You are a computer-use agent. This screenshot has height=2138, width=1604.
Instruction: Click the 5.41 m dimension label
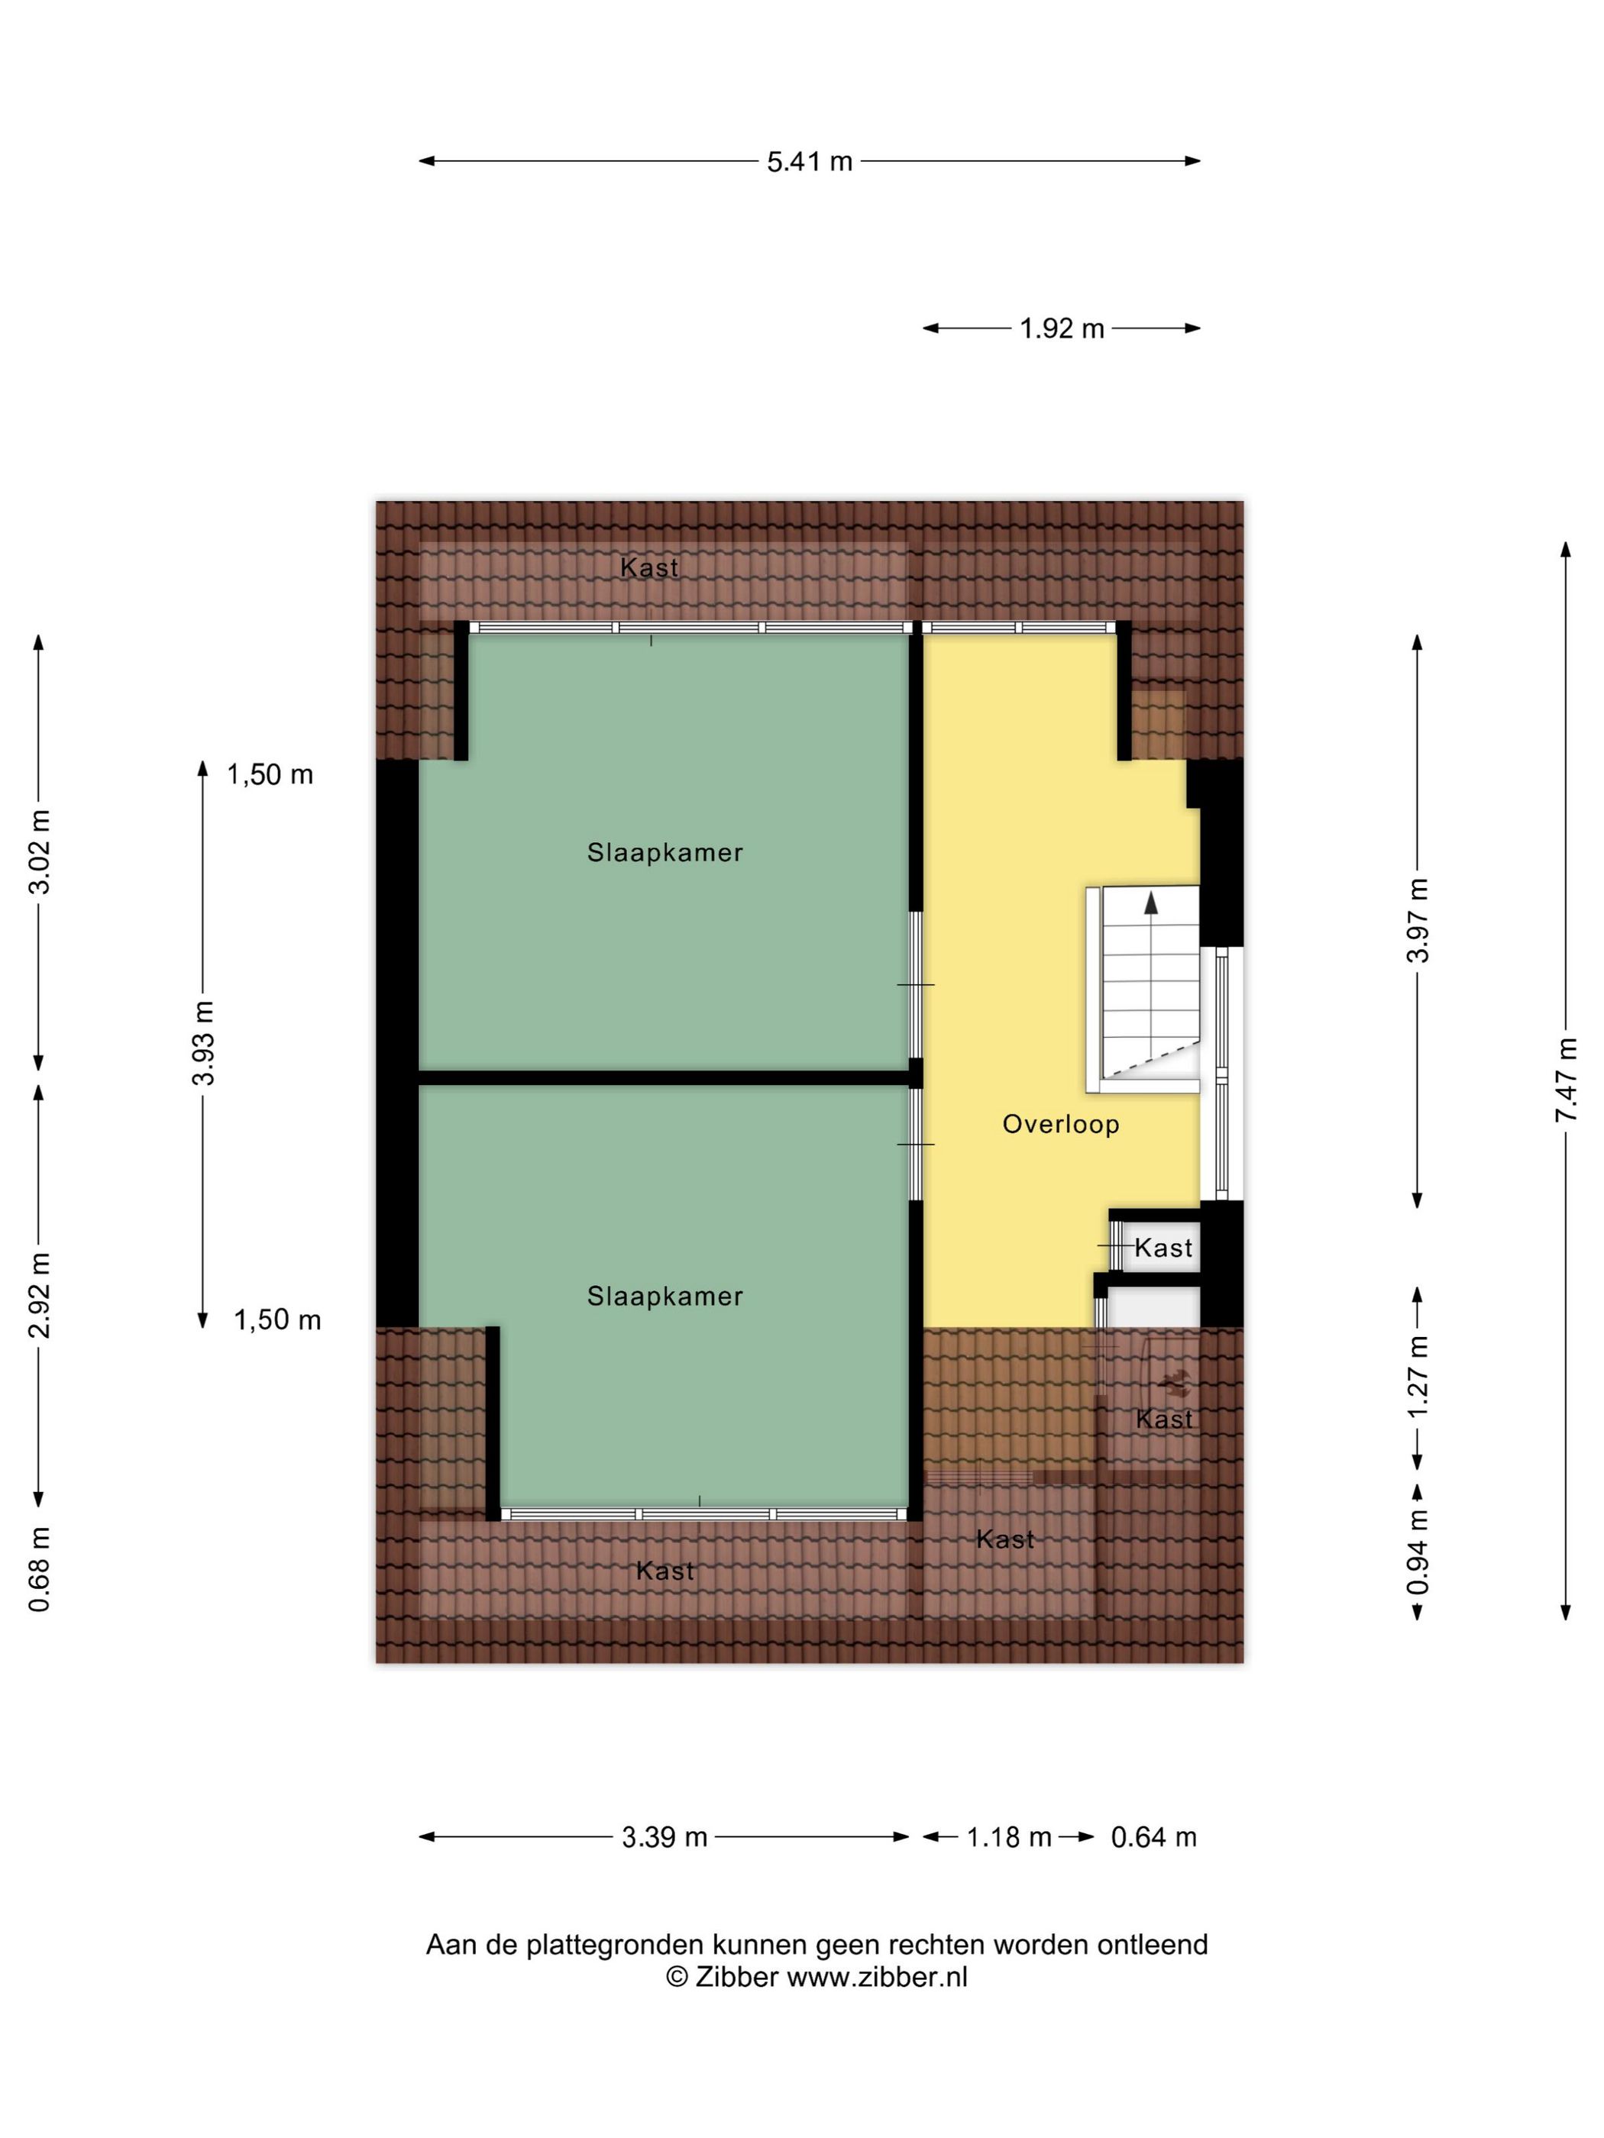[x=809, y=161]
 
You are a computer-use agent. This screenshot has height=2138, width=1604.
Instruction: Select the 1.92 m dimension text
[x=1061, y=328]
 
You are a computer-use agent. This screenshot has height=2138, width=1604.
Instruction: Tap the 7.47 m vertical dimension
[x=1565, y=1080]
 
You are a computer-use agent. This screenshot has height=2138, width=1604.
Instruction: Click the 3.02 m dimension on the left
[x=40, y=851]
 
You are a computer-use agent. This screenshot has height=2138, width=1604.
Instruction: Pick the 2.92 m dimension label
[x=40, y=1295]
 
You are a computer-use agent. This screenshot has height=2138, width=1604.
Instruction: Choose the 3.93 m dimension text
[x=203, y=1043]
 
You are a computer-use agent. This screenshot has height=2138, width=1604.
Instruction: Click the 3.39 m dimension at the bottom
[x=665, y=1836]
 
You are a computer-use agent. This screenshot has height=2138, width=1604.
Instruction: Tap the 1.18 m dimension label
[x=1008, y=1836]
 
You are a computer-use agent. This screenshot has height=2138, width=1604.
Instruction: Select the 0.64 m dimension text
[x=1153, y=1836]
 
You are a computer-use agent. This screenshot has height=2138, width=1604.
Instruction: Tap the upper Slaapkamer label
[x=665, y=852]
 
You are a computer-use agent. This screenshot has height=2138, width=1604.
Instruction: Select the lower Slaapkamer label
[x=665, y=1296]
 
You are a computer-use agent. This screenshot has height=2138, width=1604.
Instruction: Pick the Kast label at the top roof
[x=648, y=567]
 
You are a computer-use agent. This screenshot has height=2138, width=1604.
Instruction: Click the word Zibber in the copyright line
[x=736, y=1978]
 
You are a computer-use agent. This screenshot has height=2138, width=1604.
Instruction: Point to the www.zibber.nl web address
[x=877, y=1978]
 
